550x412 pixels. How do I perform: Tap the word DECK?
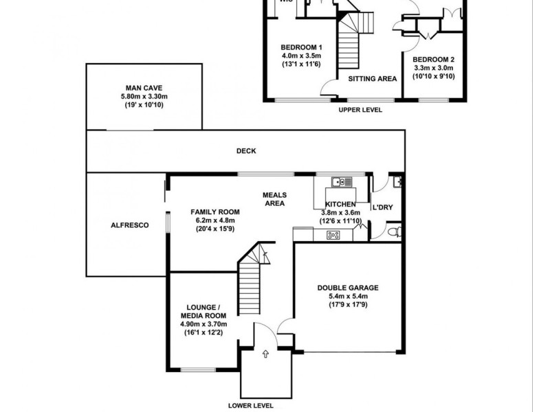tap(245, 151)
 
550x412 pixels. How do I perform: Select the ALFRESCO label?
tap(125, 225)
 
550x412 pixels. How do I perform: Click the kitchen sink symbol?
tap(341, 182)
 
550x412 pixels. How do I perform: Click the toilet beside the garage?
tap(393, 232)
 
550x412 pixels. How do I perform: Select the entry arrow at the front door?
tap(266, 355)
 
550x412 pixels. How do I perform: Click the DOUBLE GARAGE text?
tap(348, 288)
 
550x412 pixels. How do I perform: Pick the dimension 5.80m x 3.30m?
tap(144, 97)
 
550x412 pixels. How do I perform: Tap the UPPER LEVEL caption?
tap(361, 109)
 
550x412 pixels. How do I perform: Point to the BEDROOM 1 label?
tap(301, 47)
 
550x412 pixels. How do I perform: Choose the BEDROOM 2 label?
tap(434, 60)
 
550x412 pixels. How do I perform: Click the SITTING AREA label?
tap(373, 79)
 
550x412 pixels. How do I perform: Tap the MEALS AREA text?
tap(274, 198)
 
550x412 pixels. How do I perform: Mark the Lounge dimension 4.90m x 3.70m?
tap(203, 324)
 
